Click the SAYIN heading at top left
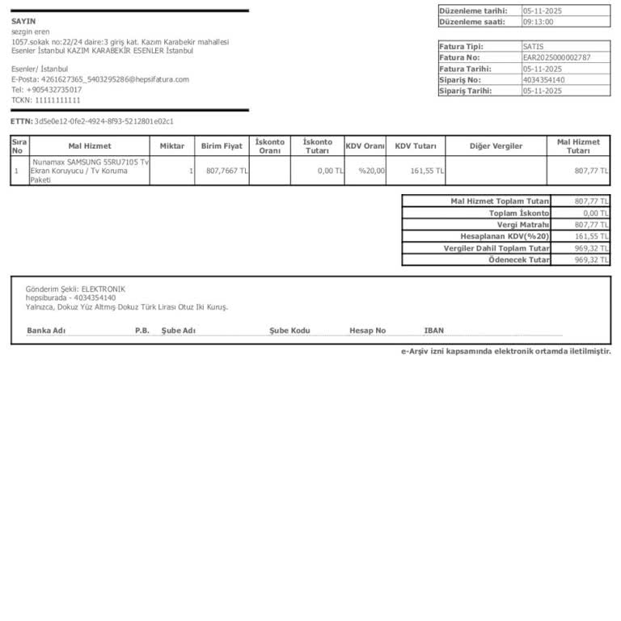coord(23,21)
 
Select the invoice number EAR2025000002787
coord(556,57)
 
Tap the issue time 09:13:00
coord(539,22)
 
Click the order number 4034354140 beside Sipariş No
coord(543,80)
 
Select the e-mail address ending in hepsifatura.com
coord(100,79)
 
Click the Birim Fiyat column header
coord(222,146)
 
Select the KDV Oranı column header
coord(365,146)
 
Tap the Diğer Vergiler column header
coord(496,146)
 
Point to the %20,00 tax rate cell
coord(372,171)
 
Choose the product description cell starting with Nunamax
coord(89,171)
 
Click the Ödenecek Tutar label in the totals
coord(519,260)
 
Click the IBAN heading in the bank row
coord(433,331)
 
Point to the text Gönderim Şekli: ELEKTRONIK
coord(75,289)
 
